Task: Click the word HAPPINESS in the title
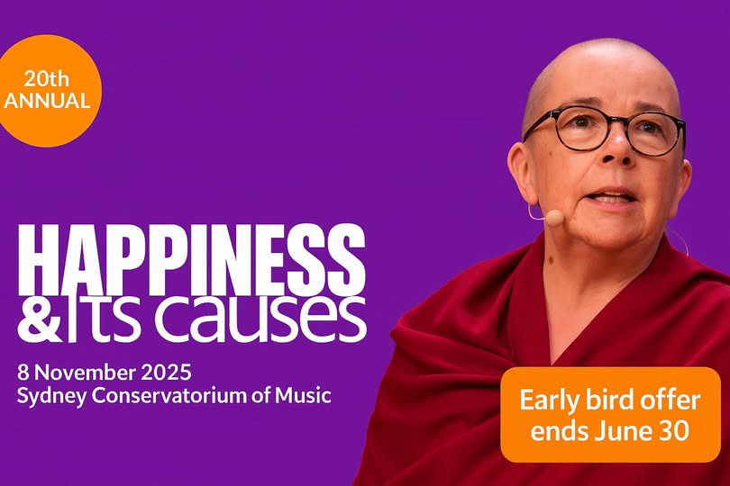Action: coord(191,259)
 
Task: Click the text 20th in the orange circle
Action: coord(47,79)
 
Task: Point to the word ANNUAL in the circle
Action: coord(47,101)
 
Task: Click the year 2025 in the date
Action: coord(166,373)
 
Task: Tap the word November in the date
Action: coord(86,373)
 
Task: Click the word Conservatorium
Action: coord(169,396)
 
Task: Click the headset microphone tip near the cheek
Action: coord(554,217)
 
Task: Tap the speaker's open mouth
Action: coord(611,197)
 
